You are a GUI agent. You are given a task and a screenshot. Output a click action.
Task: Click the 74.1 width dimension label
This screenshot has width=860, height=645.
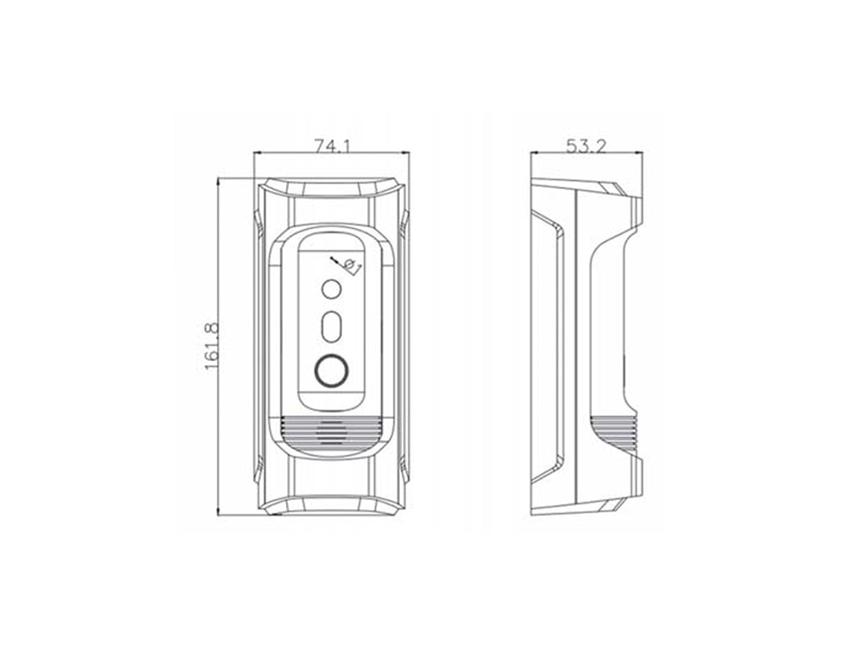click(x=332, y=145)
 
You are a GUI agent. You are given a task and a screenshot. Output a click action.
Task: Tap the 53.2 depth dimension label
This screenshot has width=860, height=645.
click(x=586, y=145)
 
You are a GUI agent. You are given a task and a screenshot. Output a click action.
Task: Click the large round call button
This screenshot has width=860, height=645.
click(x=330, y=371)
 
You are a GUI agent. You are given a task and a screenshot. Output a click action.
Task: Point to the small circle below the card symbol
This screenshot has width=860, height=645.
click(x=330, y=290)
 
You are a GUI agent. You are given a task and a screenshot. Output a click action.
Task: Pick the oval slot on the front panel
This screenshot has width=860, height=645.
click(x=330, y=327)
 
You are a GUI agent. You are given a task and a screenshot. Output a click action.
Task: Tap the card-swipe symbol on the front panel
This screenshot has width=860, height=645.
click(x=345, y=264)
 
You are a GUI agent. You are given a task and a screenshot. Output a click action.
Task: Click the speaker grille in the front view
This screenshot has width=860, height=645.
click(x=330, y=431)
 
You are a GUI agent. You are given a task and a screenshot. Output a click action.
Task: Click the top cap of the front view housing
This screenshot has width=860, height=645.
click(x=330, y=188)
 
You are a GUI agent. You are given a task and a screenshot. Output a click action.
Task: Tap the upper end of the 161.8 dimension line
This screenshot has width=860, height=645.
click(x=218, y=179)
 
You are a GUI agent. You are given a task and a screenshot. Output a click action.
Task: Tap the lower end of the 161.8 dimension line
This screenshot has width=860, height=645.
click(x=218, y=514)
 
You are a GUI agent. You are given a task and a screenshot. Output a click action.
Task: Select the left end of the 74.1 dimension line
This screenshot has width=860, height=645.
click(x=254, y=153)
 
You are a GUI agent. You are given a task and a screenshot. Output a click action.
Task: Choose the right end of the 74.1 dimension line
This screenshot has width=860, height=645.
click(x=408, y=153)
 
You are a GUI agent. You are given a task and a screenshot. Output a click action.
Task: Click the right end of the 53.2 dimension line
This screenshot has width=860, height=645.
click(x=642, y=153)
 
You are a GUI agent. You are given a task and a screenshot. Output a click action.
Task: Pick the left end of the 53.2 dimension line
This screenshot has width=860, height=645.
click(x=531, y=153)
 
